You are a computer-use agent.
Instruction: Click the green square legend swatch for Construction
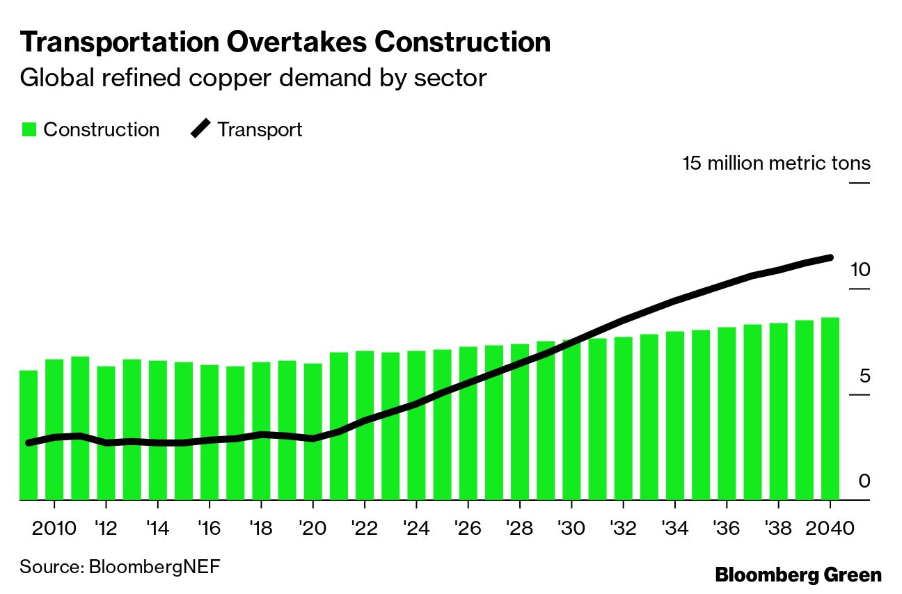coord(29,130)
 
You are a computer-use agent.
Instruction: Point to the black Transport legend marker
coord(200,130)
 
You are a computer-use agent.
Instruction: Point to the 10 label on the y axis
coord(860,270)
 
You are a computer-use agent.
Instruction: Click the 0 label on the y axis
coord(864,481)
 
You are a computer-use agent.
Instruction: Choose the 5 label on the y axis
coord(864,376)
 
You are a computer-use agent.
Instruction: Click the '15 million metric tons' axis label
coord(776,163)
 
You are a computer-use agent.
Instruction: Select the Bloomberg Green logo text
coord(798,575)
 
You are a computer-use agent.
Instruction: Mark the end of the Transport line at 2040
coord(830,258)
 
